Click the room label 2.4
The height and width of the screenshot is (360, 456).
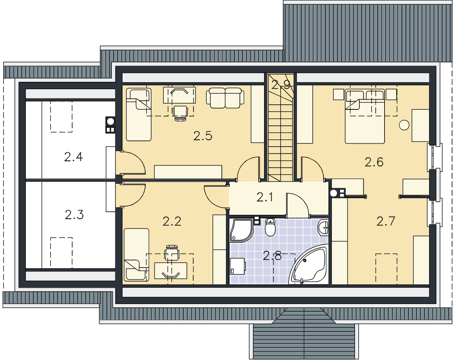pyautogui.click(x=73, y=157)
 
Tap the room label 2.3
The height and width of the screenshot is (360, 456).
pyautogui.click(x=74, y=215)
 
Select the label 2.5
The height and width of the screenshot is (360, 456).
pyautogui.click(x=203, y=136)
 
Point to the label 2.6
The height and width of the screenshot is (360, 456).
pyautogui.click(x=374, y=162)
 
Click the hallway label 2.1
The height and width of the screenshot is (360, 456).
pyautogui.click(x=265, y=197)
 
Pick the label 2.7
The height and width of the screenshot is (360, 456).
pyautogui.click(x=386, y=221)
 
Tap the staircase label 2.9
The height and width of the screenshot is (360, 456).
pyautogui.click(x=281, y=85)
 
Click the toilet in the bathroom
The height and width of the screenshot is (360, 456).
pyautogui.click(x=270, y=227)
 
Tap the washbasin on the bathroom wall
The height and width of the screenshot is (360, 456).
pyautogui.click(x=323, y=227)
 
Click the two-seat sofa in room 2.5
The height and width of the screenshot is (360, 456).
pyautogui.click(x=225, y=98)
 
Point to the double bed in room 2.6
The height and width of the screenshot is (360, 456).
pyautogui.click(x=365, y=116)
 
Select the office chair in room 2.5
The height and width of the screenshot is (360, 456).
pyautogui.click(x=180, y=113)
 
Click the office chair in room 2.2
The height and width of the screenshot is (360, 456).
pyautogui.click(x=172, y=252)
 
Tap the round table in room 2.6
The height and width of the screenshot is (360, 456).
pyautogui.click(x=404, y=125)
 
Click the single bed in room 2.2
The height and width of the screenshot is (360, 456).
pyautogui.click(x=136, y=255)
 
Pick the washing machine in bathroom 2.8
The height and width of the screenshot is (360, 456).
pyautogui.click(x=237, y=266)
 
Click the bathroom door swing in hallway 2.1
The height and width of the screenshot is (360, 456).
pyautogui.click(x=298, y=205)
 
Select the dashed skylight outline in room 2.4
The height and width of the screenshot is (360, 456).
pyautogui.click(x=61, y=117)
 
